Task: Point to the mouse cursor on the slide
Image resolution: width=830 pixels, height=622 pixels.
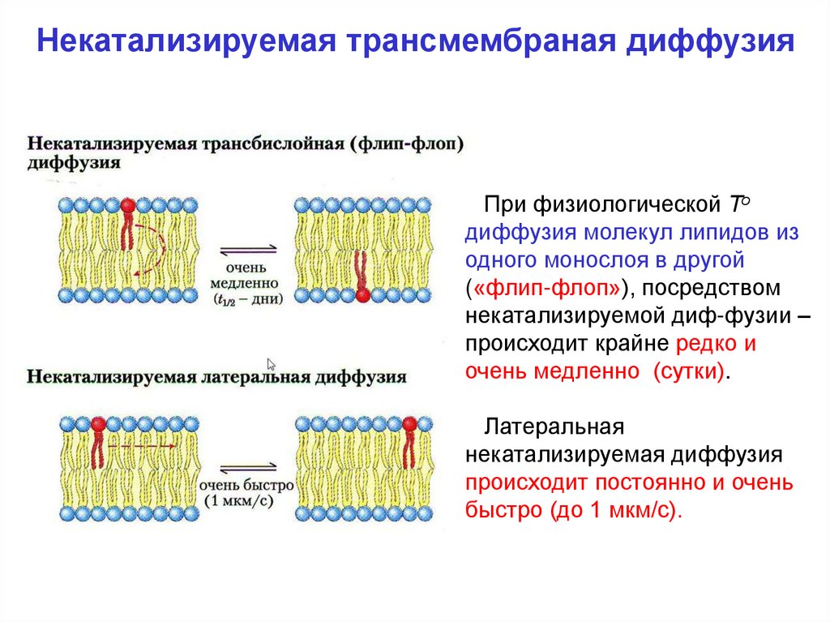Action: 272,364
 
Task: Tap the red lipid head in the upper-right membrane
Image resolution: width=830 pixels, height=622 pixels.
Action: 362,295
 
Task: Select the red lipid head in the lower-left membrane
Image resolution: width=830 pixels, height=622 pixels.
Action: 99,423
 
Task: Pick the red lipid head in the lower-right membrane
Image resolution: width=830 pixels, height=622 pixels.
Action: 409,423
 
